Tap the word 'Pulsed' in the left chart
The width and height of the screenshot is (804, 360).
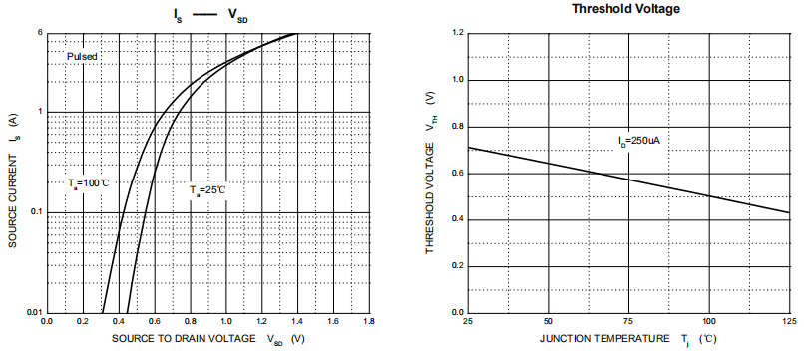(x=82, y=57)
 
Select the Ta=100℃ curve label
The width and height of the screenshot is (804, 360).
(x=88, y=183)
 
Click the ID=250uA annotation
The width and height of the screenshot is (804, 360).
(x=638, y=141)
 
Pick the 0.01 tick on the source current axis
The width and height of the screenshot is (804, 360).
(x=34, y=313)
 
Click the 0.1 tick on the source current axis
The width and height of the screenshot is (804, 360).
(x=36, y=212)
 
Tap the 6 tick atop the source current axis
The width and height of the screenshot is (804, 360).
(x=39, y=33)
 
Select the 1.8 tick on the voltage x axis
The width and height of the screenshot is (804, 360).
(x=368, y=322)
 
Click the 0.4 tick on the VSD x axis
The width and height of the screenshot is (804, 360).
(x=118, y=322)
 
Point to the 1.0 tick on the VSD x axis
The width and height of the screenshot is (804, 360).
(x=225, y=322)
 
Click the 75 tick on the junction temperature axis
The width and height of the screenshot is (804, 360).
(x=628, y=322)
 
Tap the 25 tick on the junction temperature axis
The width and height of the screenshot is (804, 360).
(x=468, y=322)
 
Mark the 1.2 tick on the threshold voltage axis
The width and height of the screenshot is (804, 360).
(x=457, y=33)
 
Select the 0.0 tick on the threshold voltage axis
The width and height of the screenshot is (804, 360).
(x=457, y=313)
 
